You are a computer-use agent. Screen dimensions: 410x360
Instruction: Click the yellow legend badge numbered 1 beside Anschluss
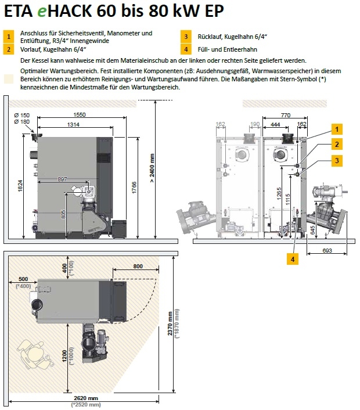[9, 37]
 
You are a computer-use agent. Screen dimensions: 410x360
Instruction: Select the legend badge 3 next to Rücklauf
[186, 37]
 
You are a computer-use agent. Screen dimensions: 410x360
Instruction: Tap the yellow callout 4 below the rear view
[293, 260]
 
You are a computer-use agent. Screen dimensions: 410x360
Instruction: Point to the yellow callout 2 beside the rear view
[337, 143]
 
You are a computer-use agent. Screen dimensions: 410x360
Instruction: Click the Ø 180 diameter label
[21, 122]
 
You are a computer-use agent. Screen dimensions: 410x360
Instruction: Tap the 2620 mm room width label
[83, 398]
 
